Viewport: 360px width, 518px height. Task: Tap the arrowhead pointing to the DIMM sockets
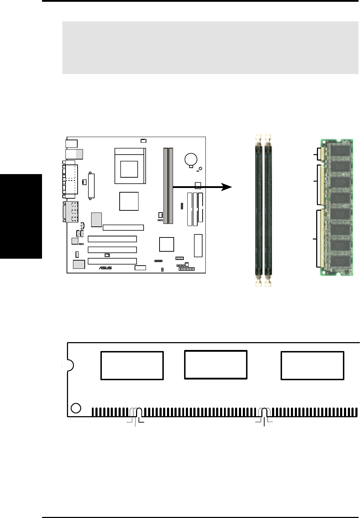coord(226,187)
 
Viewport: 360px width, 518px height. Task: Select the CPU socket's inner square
coord(129,169)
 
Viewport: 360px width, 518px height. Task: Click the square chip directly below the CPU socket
coord(129,201)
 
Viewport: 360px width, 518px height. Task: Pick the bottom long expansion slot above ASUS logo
coord(112,261)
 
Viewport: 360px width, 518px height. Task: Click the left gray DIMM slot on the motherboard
coord(166,185)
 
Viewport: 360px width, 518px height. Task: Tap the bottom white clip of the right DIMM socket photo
coord(268,283)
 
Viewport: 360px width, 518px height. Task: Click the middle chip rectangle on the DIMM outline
coord(215,365)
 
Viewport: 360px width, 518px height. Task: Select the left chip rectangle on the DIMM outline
coord(132,366)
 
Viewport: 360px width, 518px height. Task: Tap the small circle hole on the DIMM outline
coord(76,408)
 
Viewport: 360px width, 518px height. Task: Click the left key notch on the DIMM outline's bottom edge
coord(139,413)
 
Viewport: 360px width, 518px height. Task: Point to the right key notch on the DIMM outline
coord(264,413)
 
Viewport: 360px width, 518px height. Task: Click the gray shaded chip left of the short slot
coord(96,220)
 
